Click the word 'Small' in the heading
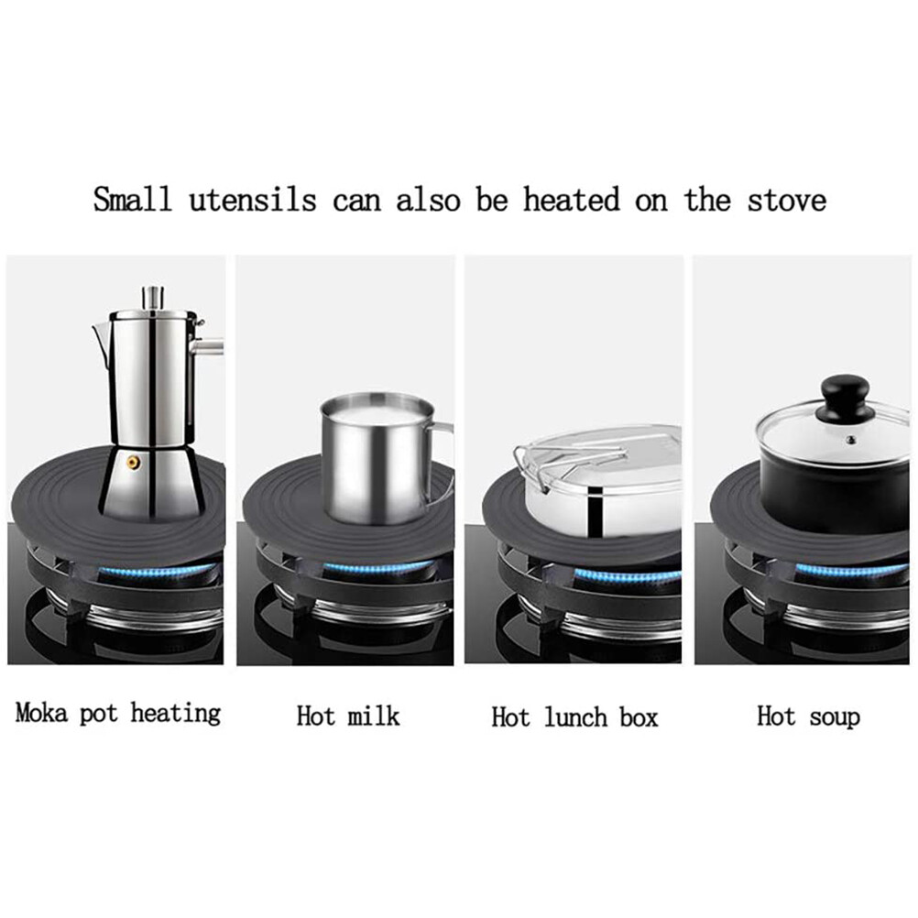132,199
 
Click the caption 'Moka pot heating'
118,713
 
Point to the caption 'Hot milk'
348,716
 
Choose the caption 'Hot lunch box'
574,716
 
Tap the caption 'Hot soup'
808,716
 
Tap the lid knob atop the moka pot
152,298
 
